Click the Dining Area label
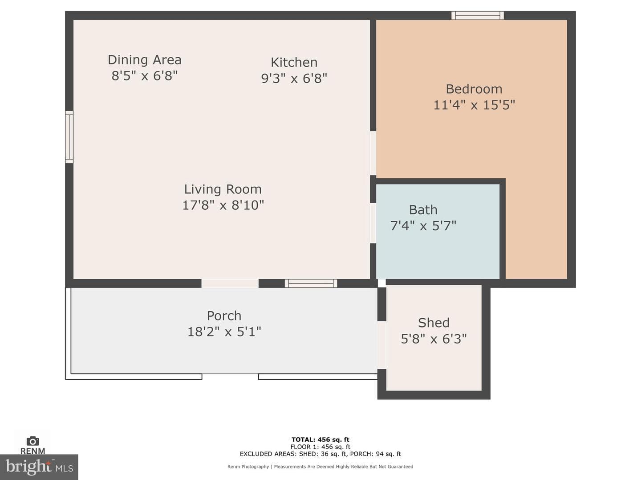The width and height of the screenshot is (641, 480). coord(145,60)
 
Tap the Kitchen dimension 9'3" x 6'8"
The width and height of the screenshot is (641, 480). coord(294,78)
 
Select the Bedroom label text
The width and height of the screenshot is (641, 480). coord(474,89)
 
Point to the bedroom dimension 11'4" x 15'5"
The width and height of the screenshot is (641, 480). coord(474,105)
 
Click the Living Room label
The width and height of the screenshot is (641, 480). coord(223,189)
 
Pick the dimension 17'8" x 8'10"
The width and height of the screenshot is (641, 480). coord(223,205)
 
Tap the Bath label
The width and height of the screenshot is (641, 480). coord(423,210)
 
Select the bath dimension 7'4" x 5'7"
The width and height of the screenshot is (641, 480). coord(423,226)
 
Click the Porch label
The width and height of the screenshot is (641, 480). coord(224,316)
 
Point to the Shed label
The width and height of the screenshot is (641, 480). coord(434,323)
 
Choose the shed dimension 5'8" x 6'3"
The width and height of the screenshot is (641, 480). coord(434,339)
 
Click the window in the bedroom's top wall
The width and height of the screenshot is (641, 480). coord(478,16)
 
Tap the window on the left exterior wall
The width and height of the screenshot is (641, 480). coord(69,137)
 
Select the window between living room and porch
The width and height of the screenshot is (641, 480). coord(311,283)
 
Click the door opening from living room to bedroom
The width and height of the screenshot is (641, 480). coord(373,153)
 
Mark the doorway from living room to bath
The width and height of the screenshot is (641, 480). coord(373,223)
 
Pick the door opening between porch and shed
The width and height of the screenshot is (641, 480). coord(381,345)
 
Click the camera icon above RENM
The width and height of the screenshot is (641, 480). coord(32,441)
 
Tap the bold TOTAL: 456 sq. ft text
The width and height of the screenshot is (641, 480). coord(320,440)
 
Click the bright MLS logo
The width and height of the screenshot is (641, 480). coord(39,467)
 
